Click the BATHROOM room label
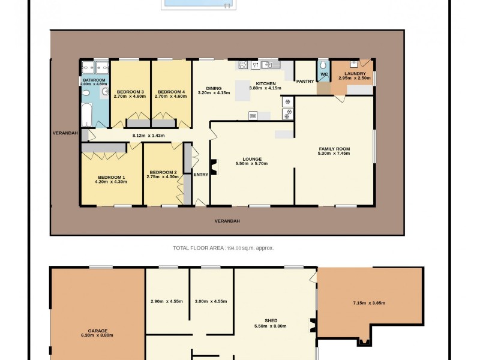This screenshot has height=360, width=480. click(x=94, y=80)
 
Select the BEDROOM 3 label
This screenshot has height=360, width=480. click(x=130, y=91)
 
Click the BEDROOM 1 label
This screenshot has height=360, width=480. click(x=112, y=177)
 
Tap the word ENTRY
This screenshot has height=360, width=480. click(x=200, y=175)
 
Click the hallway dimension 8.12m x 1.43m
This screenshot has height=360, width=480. click(x=148, y=136)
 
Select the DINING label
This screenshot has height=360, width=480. click(x=214, y=88)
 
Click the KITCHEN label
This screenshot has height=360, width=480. click(x=266, y=83)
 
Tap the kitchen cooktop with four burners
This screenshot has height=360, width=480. click(x=244, y=65)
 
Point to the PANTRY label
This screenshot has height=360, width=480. click(x=305, y=81)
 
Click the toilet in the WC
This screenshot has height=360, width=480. click(x=323, y=65)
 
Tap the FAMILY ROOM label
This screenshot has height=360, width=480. click(x=334, y=149)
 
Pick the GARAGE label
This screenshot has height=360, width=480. click(x=97, y=331)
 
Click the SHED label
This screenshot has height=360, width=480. click(x=270, y=320)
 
